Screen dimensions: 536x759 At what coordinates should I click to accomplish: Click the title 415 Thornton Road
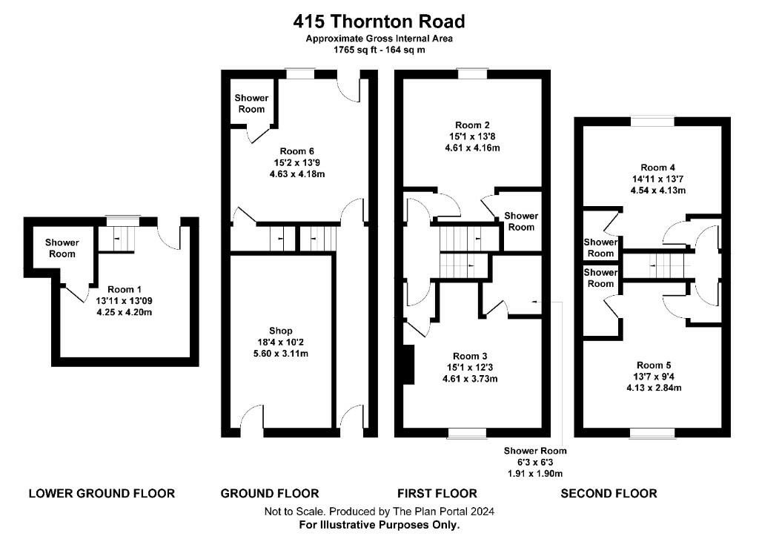[379, 21]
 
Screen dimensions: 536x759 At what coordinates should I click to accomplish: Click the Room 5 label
[654, 364]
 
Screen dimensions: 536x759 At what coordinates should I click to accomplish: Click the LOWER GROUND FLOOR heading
[102, 493]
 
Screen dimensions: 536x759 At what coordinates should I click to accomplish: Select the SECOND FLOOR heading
[609, 493]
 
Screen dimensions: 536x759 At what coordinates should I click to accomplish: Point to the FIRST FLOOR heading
[437, 493]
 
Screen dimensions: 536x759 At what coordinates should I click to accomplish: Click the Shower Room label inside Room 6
[251, 103]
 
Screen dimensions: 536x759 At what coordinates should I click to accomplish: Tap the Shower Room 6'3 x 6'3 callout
[535, 462]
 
